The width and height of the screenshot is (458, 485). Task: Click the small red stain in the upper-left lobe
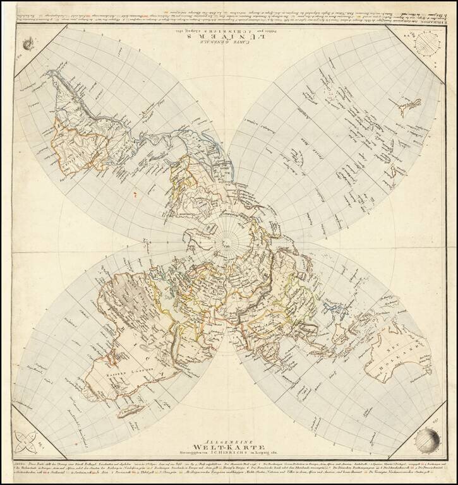point(135,196)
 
